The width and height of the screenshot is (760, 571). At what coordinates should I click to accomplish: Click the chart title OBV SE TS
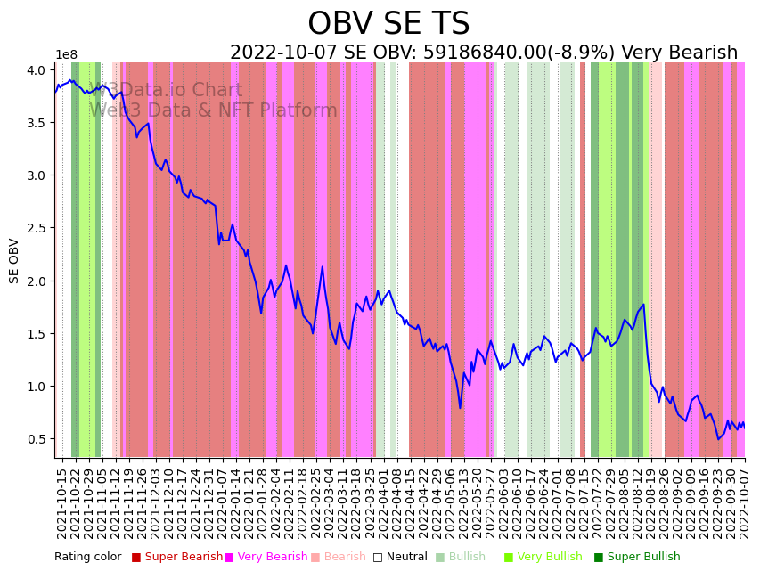point(388,24)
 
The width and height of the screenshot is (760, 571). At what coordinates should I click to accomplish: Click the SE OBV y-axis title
point(14,260)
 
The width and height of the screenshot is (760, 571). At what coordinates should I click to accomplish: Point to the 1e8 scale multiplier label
point(67,55)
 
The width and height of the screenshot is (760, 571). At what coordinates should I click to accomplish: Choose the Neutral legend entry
point(400,557)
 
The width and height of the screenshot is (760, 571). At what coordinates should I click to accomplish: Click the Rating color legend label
point(87,557)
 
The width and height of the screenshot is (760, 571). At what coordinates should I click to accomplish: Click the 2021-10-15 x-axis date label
point(62,503)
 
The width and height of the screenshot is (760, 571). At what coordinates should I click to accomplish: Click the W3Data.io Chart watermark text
point(166,91)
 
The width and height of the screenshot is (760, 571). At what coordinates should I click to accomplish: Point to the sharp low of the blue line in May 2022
point(461,408)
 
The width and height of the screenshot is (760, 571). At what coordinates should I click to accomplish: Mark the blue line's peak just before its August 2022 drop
point(643,305)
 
